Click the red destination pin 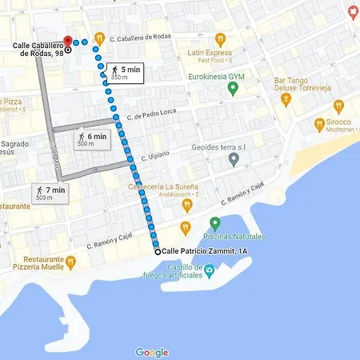tap(68, 40)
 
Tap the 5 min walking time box tap(125, 73)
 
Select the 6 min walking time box tap(91, 140)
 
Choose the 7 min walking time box tap(49, 193)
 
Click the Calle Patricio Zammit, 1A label tap(205, 251)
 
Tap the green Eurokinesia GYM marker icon tap(233, 89)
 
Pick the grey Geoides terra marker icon tap(233, 160)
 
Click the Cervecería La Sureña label tap(158, 189)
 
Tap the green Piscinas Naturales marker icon tap(214, 223)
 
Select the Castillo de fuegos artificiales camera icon tap(209, 270)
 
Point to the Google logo tap(152, 353)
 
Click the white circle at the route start tap(157, 251)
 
